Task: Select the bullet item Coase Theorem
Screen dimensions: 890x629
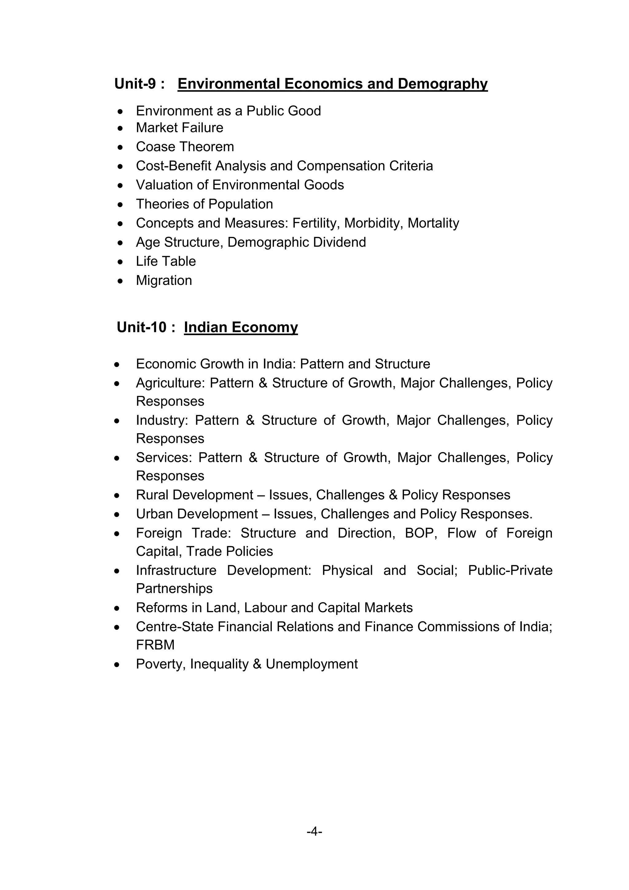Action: click(x=185, y=147)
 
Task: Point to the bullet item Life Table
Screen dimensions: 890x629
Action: click(x=166, y=261)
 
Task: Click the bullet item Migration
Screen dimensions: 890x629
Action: click(x=164, y=280)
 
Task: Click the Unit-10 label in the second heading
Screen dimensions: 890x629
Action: click(x=142, y=327)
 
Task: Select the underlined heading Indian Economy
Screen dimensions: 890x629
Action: click(x=240, y=327)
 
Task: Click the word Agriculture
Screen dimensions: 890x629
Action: click(x=170, y=383)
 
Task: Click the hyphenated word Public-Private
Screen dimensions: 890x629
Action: click(x=510, y=570)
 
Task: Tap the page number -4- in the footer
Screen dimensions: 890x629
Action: click(x=314, y=832)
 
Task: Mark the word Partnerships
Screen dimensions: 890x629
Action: click(x=174, y=589)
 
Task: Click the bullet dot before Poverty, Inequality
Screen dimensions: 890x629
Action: click(x=117, y=664)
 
